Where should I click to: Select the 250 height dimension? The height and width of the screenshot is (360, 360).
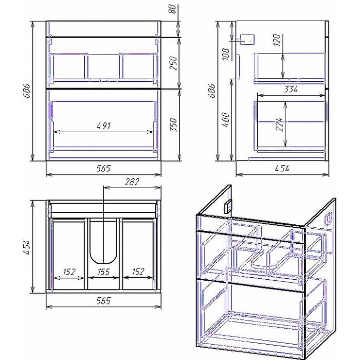coord(174,63)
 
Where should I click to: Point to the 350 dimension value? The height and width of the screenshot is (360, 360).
coord(174,124)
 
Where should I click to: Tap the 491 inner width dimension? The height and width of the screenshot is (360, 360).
coord(104,125)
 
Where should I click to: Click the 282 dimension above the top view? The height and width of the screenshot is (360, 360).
coord(132,182)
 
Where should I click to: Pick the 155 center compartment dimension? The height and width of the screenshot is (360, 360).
coord(103,272)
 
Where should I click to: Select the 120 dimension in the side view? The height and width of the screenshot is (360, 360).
coord(277,40)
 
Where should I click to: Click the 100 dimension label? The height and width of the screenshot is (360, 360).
coord(226,54)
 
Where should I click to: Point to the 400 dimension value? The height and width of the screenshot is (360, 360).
coord(226,120)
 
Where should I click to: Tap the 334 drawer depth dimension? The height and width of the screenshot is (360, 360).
coord(291,89)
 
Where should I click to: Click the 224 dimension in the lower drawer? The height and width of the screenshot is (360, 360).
coord(279,124)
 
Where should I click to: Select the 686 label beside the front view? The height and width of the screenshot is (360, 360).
coord(27,91)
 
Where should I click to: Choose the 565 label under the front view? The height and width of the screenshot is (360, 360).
coord(103,168)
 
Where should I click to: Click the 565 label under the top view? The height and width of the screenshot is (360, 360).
coord(103,300)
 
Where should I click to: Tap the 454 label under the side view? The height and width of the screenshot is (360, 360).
coord(282,168)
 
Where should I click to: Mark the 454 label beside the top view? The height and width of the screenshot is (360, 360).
coord(27,247)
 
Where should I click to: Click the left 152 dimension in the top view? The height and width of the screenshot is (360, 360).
coord(69,272)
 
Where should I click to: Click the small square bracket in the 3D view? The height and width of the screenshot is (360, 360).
coord(228,206)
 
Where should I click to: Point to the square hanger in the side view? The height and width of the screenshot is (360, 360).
coord(247,39)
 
